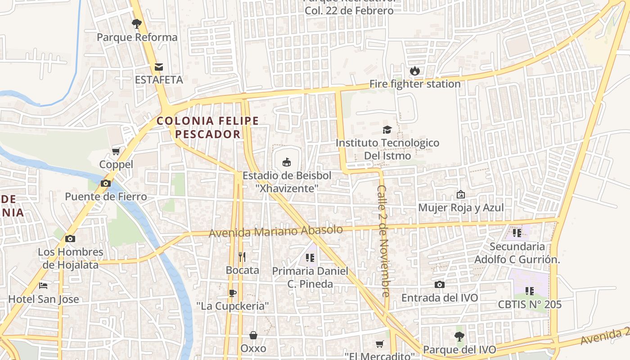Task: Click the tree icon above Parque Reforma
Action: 137,23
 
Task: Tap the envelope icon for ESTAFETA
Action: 159,67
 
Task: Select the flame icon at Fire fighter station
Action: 414,71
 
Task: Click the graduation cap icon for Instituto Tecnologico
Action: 387,130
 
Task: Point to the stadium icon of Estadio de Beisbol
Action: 286,162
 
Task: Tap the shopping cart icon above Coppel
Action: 116,151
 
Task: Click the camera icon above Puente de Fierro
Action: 106,183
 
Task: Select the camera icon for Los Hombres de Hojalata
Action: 70,238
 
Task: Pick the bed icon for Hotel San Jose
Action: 43,285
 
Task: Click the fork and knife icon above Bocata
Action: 242,257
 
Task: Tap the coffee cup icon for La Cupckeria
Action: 232,293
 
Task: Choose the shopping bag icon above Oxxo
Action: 253,335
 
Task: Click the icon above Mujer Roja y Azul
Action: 461,194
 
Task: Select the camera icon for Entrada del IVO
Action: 440,284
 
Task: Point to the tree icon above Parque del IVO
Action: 459,336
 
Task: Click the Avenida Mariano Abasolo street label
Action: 275,231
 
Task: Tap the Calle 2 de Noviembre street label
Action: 384,241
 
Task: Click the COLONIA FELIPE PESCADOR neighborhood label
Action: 207,127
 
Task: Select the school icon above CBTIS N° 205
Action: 530,291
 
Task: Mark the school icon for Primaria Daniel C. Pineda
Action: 310,258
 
